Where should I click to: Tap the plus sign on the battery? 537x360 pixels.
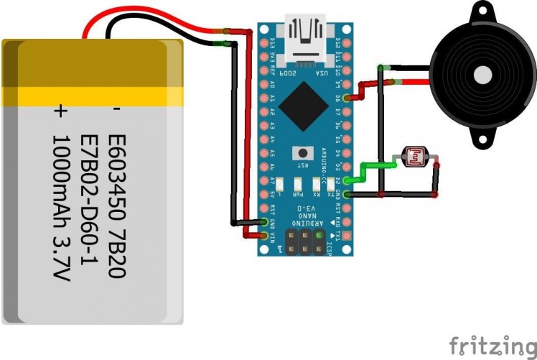click(60, 111)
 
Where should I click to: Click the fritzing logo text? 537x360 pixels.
click(492, 344)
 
